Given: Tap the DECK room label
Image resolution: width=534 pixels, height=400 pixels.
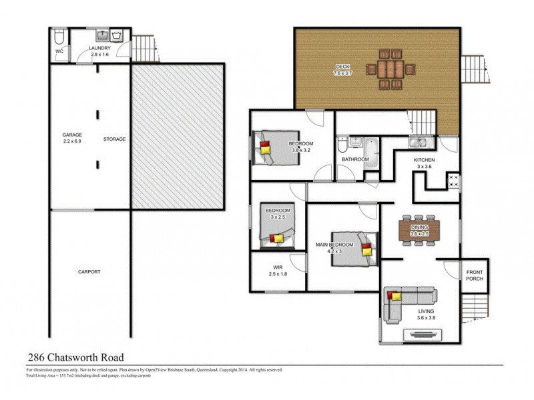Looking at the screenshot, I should click(342, 67).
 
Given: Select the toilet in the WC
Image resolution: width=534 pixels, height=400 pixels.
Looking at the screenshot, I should click(59, 36).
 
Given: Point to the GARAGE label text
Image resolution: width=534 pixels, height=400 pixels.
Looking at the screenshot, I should click(72, 137).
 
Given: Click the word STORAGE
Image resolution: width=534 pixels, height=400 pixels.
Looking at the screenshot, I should click(114, 139).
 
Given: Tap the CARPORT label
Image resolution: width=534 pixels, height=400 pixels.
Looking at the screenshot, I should click(89, 272).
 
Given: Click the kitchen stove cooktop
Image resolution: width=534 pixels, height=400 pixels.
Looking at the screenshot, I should click(453, 180).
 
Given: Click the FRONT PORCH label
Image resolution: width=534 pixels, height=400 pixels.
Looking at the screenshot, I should click(475, 275).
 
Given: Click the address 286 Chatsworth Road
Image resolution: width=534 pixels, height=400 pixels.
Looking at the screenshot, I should click(75, 358).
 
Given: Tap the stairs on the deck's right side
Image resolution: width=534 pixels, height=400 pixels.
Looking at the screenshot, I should click(475, 69).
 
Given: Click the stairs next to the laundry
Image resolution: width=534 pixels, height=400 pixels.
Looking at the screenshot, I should click(143, 47).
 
